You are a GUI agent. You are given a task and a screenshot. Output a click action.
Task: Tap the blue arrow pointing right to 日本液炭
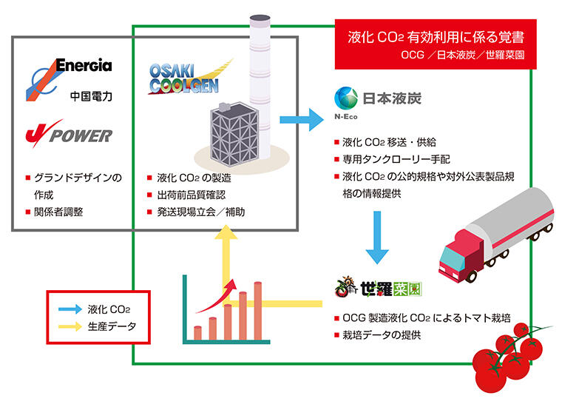click(x=302, y=118)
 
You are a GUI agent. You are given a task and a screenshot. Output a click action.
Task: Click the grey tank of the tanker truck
click(x=510, y=221)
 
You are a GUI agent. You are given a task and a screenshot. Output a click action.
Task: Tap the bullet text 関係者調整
click(x=60, y=212)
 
